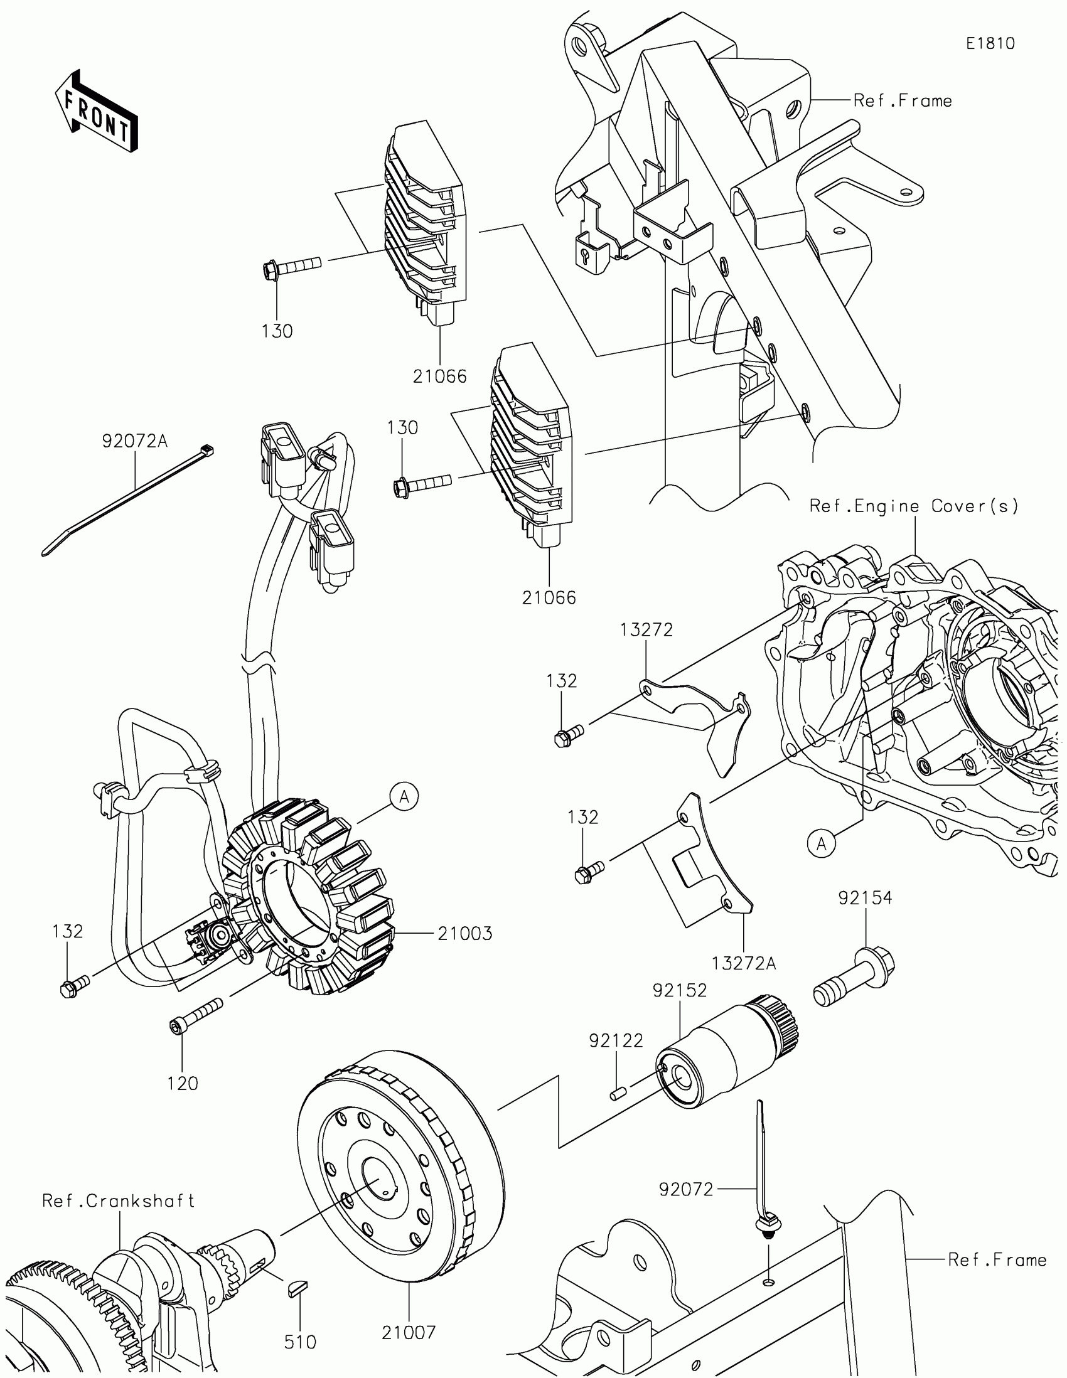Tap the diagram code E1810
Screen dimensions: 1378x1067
pos(990,43)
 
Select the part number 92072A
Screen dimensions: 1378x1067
pos(134,441)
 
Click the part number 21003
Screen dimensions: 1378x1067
pos(465,933)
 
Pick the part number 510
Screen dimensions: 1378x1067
pos(300,1342)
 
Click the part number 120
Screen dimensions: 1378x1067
pos(183,1083)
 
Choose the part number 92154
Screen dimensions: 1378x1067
pos(865,898)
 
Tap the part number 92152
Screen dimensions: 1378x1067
pos(680,991)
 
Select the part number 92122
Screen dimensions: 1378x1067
pos(616,1040)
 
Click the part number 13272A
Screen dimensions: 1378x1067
pos(743,963)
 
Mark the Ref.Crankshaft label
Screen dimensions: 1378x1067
pos(119,1200)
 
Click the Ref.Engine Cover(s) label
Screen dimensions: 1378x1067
pos(914,506)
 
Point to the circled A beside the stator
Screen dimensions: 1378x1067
pos(404,798)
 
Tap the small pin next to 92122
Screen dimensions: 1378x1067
pos(617,1093)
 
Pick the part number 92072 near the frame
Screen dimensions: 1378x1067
pos(686,1189)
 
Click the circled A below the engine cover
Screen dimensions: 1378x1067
pos(821,843)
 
